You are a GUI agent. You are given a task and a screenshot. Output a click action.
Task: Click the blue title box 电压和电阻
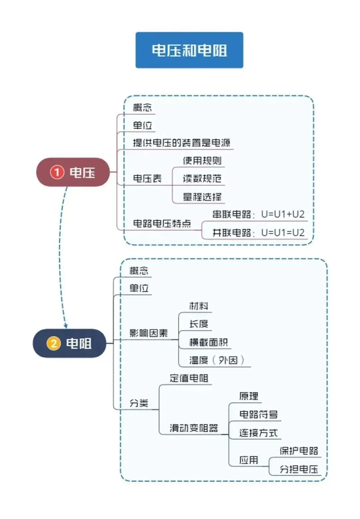pyautogui.click(x=189, y=50)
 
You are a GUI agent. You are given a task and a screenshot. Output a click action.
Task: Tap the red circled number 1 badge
pyautogui.click(x=57, y=172)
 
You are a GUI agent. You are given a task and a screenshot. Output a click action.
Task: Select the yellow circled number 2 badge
pyautogui.click(x=53, y=343)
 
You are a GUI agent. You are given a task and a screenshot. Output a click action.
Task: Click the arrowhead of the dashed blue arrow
pyautogui.click(x=66, y=326)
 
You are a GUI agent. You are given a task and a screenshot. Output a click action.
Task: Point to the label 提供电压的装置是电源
pyautogui.click(x=181, y=143)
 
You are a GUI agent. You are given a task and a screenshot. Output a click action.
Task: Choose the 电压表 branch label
pyautogui.click(x=147, y=178)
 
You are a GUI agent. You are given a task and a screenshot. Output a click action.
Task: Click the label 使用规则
pyautogui.click(x=202, y=161)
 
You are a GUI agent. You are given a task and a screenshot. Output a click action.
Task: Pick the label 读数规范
pyautogui.click(x=202, y=179)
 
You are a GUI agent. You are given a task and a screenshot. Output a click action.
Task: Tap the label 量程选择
pyautogui.click(x=202, y=197)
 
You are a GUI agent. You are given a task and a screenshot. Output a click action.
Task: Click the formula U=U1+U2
pyautogui.click(x=283, y=214)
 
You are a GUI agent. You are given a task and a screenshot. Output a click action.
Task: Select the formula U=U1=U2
pyautogui.click(x=283, y=232)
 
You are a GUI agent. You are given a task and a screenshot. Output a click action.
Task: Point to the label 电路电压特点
pyautogui.click(x=162, y=223)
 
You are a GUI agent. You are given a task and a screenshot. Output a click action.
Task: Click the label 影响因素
pyautogui.click(x=148, y=333)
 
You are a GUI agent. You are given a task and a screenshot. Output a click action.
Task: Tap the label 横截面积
pyautogui.click(x=208, y=342)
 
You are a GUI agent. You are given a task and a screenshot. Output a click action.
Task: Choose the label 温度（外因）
pyautogui.click(x=217, y=360)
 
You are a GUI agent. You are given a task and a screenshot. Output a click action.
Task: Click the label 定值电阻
pyautogui.click(x=189, y=378)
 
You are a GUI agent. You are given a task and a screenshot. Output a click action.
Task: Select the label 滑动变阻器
pyautogui.click(x=194, y=428)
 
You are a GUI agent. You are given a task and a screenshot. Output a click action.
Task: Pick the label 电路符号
pyautogui.click(x=258, y=414)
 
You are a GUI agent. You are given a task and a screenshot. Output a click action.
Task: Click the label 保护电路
pyautogui.click(x=299, y=451)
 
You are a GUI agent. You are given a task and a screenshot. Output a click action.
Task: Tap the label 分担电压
pyautogui.click(x=299, y=469)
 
